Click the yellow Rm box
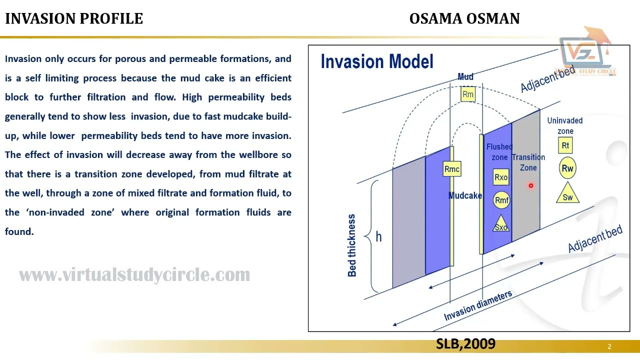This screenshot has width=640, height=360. tap(468, 94)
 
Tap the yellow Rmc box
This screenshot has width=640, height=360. tap(451, 169)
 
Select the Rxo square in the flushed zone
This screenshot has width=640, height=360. tap(501, 177)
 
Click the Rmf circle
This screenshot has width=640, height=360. tap(501, 200)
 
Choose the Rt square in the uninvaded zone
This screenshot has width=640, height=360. tap(565, 145)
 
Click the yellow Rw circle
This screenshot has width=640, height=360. tap(567, 168)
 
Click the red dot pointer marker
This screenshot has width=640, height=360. tap(531, 185)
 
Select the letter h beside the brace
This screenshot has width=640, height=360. tap(378, 237)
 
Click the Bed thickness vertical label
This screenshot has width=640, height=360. tap(352, 245)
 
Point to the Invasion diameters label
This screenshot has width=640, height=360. tap(477, 305)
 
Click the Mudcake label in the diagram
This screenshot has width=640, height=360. tap(465, 195)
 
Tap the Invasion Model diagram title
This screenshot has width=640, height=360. tap(377, 61)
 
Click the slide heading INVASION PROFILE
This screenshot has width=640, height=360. tap(74, 18)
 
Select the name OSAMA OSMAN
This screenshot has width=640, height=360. tap(464, 18)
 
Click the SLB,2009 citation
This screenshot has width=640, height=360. tap(465, 343)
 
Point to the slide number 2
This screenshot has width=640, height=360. tap(609, 346)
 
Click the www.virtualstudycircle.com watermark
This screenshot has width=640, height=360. tap(134, 275)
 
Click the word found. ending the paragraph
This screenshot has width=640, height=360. tap(19, 231)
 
